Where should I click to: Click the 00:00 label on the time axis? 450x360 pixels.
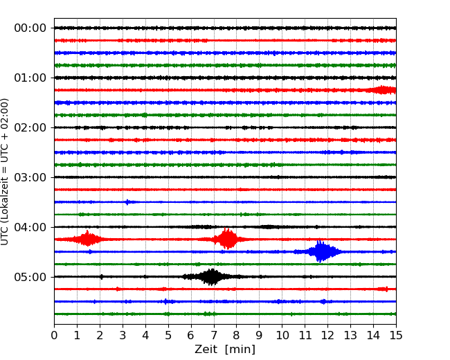click(x=30, y=28)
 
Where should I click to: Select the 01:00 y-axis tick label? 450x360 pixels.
click(x=30, y=78)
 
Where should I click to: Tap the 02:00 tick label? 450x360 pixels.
click(x=30, y=127)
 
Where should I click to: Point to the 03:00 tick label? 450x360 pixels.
click(x=30, y=177)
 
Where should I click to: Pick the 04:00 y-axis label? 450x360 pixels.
click(x=30, y=227)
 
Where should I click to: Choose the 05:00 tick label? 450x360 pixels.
click(x=30, y=277)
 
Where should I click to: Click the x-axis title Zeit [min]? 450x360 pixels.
click(x=224, y=350)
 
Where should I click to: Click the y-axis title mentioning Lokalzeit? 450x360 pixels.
click(x=6, y=171)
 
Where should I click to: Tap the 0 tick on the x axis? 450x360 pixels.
click(x=54, y=336)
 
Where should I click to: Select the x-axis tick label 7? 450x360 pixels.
click(x=214, y=336)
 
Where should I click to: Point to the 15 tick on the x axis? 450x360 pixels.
click(x=396, y=336)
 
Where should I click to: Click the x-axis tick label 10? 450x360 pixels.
click(x=282, y=336)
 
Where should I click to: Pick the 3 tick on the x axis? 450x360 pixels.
click(x=123, y=336)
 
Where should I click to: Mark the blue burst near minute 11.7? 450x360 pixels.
click(x=321, y=251)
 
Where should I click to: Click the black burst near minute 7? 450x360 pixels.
click(x=212, y=277)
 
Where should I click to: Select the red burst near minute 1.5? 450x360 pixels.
click(x=88, y=239)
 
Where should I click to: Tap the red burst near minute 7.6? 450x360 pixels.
click(x=227, y=239)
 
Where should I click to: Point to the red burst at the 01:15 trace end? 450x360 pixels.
click(x=383, y=90)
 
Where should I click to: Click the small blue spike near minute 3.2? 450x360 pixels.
click(x=127, y=202)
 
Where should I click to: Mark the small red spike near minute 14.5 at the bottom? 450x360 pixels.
click(x=385, y=289)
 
